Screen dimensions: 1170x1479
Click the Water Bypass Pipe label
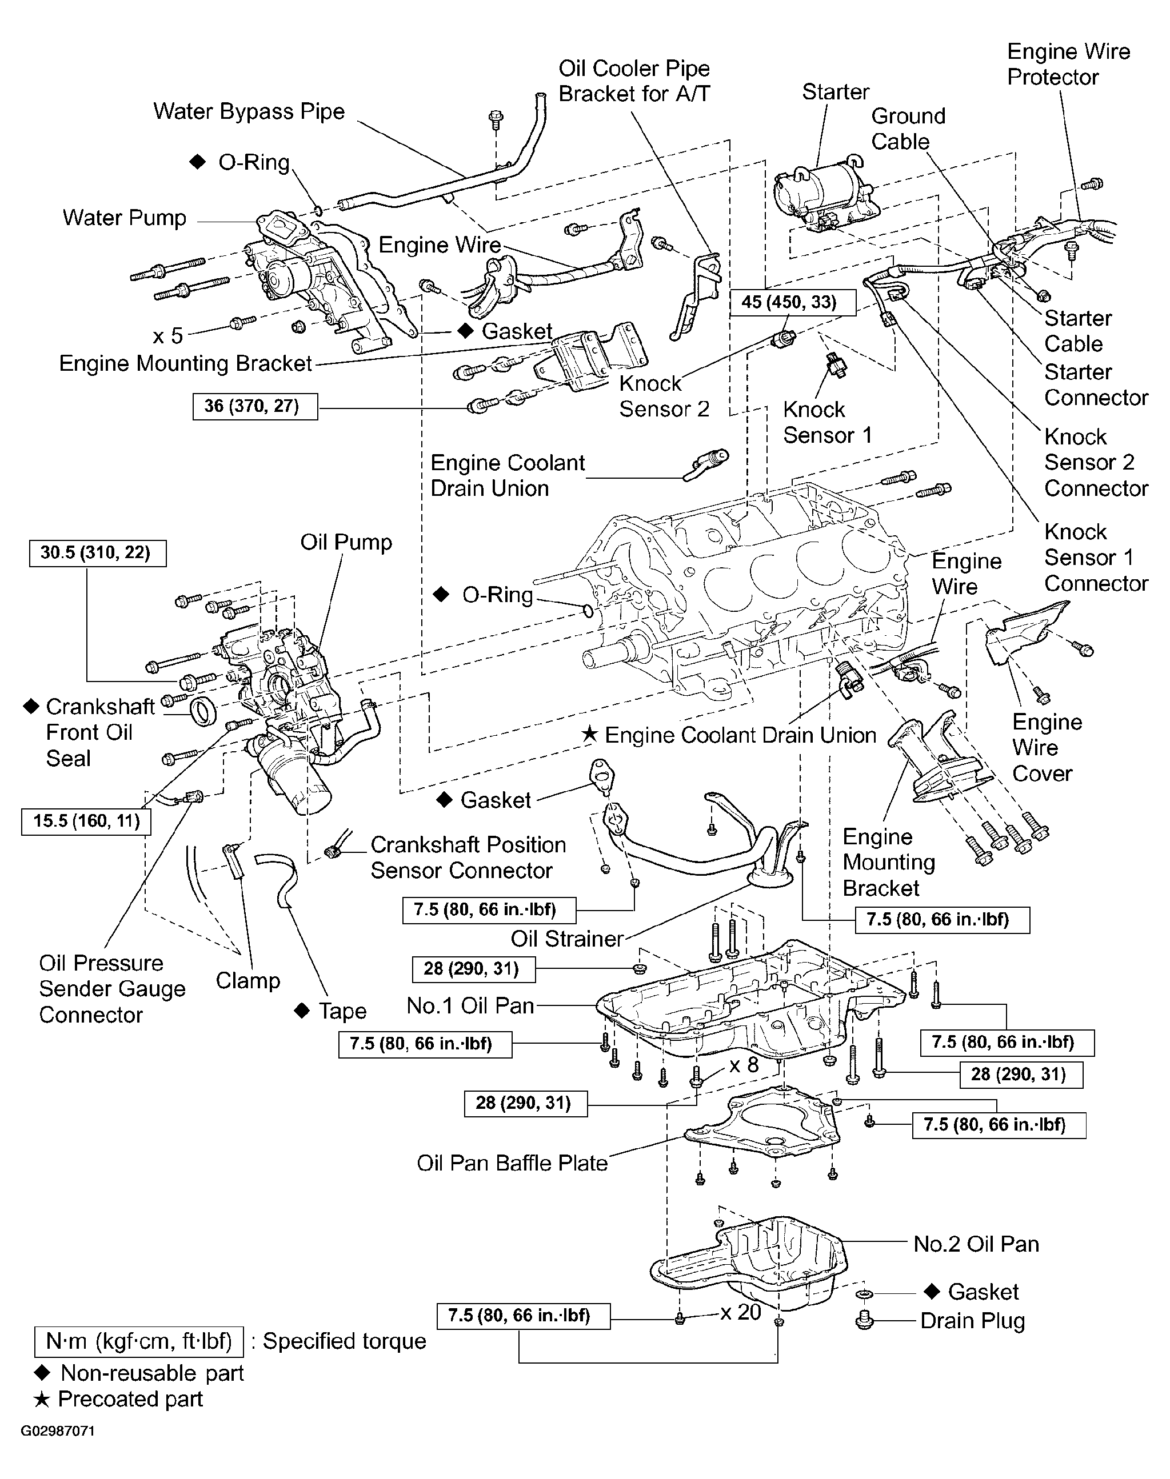pos(249,111)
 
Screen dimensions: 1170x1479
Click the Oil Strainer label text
pos(567,938)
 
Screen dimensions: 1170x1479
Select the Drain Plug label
pos(972,1321)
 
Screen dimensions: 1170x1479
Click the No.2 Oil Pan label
pos(976,1244)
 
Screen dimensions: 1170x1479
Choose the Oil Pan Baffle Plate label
pos(512,1163)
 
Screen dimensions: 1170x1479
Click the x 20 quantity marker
pos(741,1312)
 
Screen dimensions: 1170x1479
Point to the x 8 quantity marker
pos(744,1065)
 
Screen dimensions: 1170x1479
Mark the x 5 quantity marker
pos(168,335)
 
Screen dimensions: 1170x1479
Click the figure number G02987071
pos(58,1431)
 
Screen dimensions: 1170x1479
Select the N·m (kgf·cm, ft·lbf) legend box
pos(139,1341)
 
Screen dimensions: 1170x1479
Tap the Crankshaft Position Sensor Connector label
pos(469,857)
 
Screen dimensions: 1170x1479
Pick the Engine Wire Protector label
pos(1069,65)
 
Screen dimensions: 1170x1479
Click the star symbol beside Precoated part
pos(42,1399)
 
